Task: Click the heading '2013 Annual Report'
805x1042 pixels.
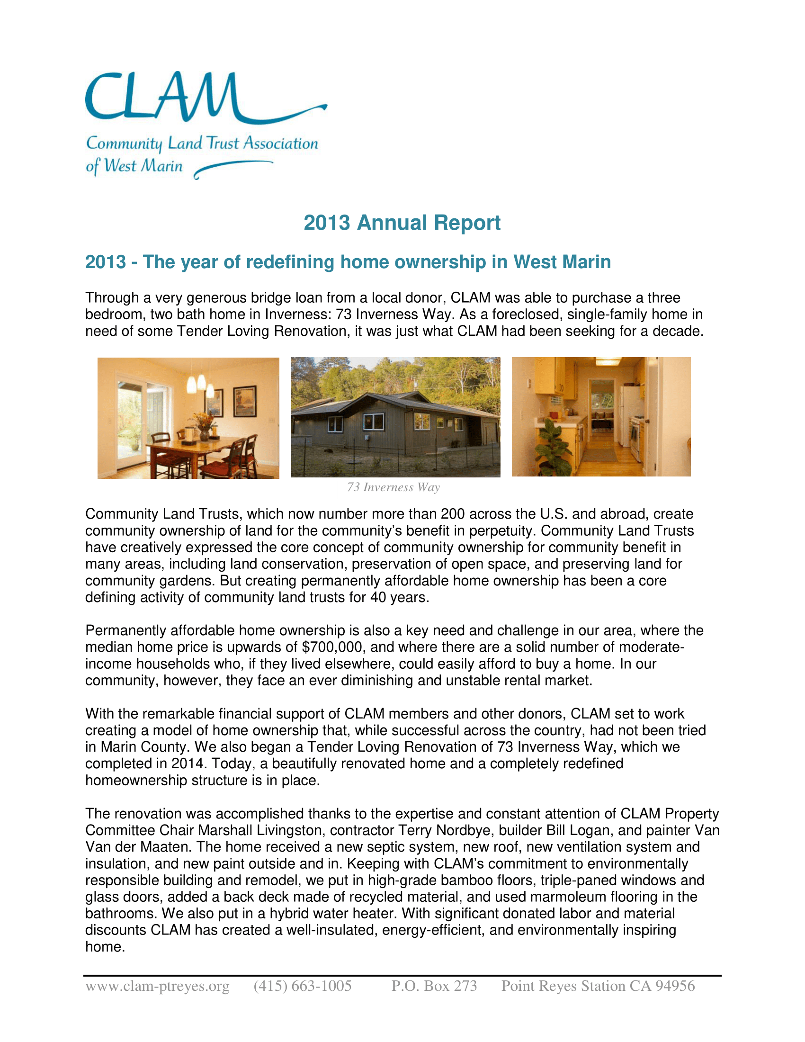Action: click(x=402, y=223)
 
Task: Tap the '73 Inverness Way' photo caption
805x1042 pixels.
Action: click(x=394, y=487)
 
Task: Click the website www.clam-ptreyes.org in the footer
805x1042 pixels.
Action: click(x=157, y=986)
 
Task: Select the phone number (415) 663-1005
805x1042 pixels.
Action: click(x=303, y=986)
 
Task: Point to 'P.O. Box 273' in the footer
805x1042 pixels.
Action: click(x=434, y=986)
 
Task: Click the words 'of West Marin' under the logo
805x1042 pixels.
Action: click(x=134, y=166)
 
